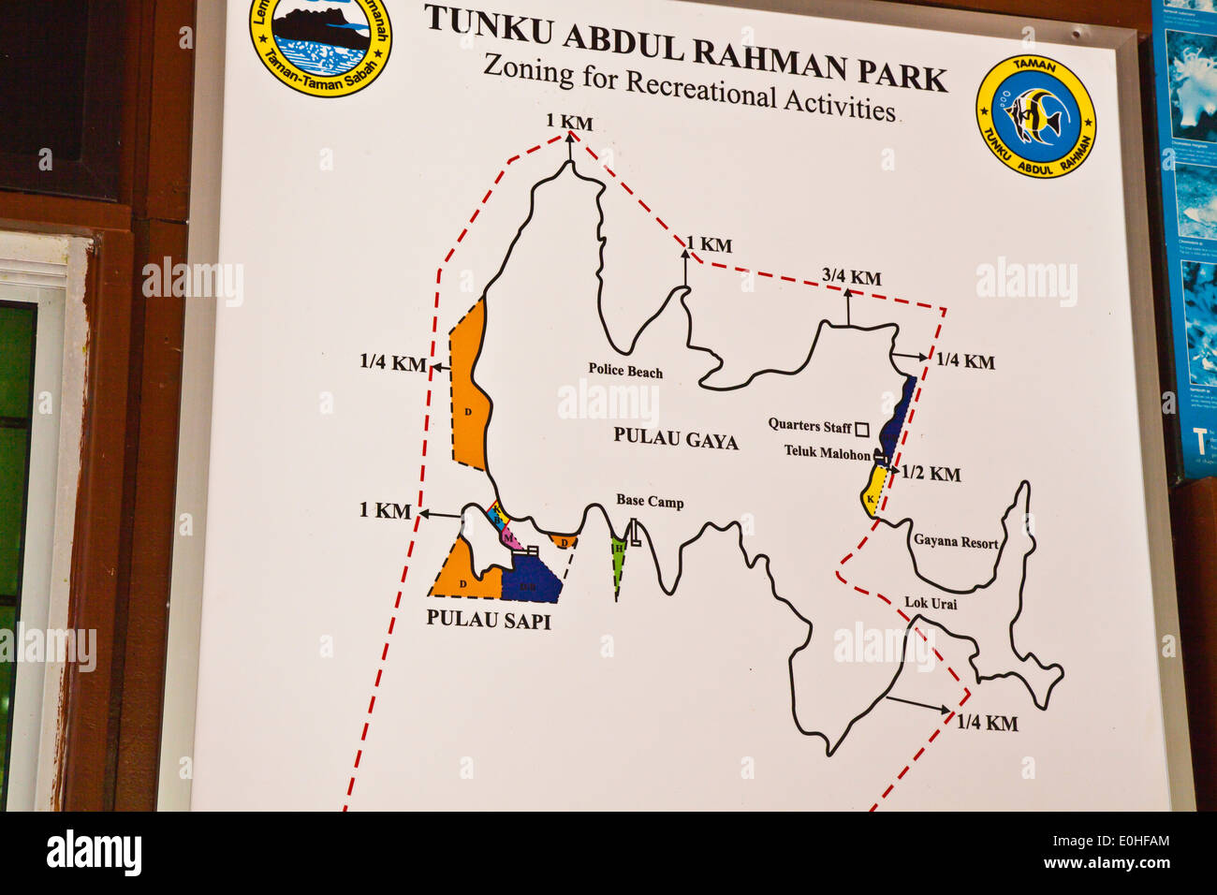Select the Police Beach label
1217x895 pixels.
coord(625,371)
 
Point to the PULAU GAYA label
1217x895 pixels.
coord(676,439)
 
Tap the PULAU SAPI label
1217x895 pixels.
coord(488,620)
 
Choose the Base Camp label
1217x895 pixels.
coord(650,502)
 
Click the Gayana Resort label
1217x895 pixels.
coord(955,542)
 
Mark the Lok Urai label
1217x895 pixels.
coord(931,603)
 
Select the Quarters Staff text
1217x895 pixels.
coord(810,426)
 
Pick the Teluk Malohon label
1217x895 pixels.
coord(828,453)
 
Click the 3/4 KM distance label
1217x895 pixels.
coord(851,277)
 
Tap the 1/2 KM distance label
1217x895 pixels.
coord(931,475)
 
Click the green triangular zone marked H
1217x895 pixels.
coord(618,559)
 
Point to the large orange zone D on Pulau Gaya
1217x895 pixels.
coord(467,393)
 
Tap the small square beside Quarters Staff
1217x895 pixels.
coord(862,428)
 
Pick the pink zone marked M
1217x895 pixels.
coord(508,538)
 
